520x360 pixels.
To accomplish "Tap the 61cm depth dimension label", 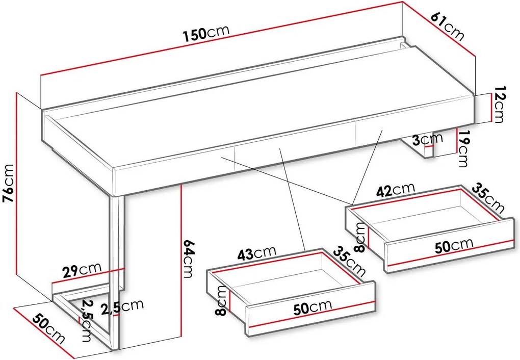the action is pyautogui.click(x=448, y=27).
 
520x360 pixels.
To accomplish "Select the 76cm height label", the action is pyautogui.click(x=8, y=183).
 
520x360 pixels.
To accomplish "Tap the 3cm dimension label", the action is pyautogui.click(x=428, y=139).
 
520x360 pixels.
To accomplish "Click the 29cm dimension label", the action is pyautogui.click(x=82, y=270).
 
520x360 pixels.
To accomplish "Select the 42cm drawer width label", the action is pyautogui.click(x=395, y=190).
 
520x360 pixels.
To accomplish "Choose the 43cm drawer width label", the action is pyautogui.click(x=256, y=253).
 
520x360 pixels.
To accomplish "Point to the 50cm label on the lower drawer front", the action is pyautogui.click(x=313, y=307).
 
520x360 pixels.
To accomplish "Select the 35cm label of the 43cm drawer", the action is pyautogui.click(x=349, y=262).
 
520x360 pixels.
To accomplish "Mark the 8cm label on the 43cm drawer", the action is pyautogui.click(x=221, y=301).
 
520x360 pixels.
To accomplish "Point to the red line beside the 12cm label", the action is pyautogui.click(x=490, y=108).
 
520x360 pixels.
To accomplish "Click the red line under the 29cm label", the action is pyautogui.click(x=88, y=276).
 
